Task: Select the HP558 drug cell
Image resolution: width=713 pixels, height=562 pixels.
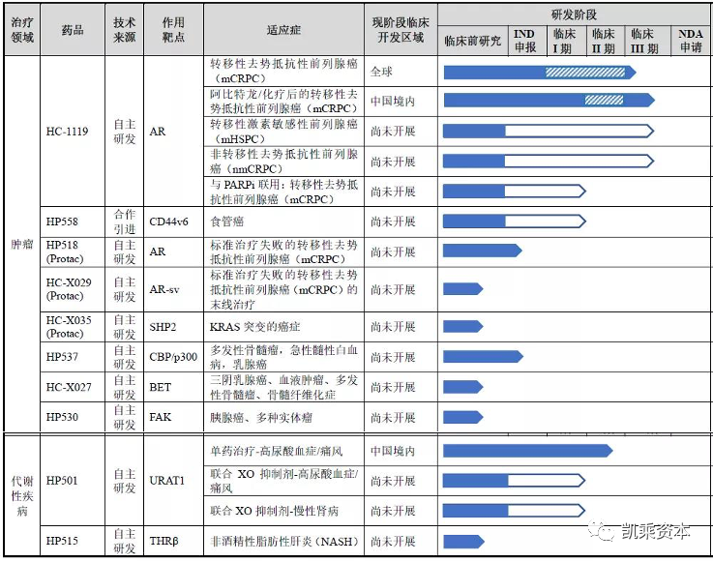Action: (63, 221)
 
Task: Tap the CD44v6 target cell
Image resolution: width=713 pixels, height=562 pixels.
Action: (168, 221)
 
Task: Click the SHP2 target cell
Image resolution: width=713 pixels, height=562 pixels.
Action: (163, 326)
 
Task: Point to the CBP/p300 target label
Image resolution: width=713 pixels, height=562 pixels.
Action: (173, 357)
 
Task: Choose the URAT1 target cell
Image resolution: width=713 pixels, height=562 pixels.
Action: (166, 481)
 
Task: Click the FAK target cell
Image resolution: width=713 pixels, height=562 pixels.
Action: (160, 418)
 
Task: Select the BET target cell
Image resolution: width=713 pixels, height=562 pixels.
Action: (161, 388)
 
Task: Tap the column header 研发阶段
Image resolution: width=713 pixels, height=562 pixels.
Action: (574, 14)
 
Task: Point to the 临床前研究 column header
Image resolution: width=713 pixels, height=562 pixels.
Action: (472, 41)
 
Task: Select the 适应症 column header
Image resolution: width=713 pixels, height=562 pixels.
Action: (283, 30)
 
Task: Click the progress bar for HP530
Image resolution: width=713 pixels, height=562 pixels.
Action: (462, 418)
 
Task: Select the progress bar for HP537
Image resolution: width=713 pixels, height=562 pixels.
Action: (482, 357)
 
